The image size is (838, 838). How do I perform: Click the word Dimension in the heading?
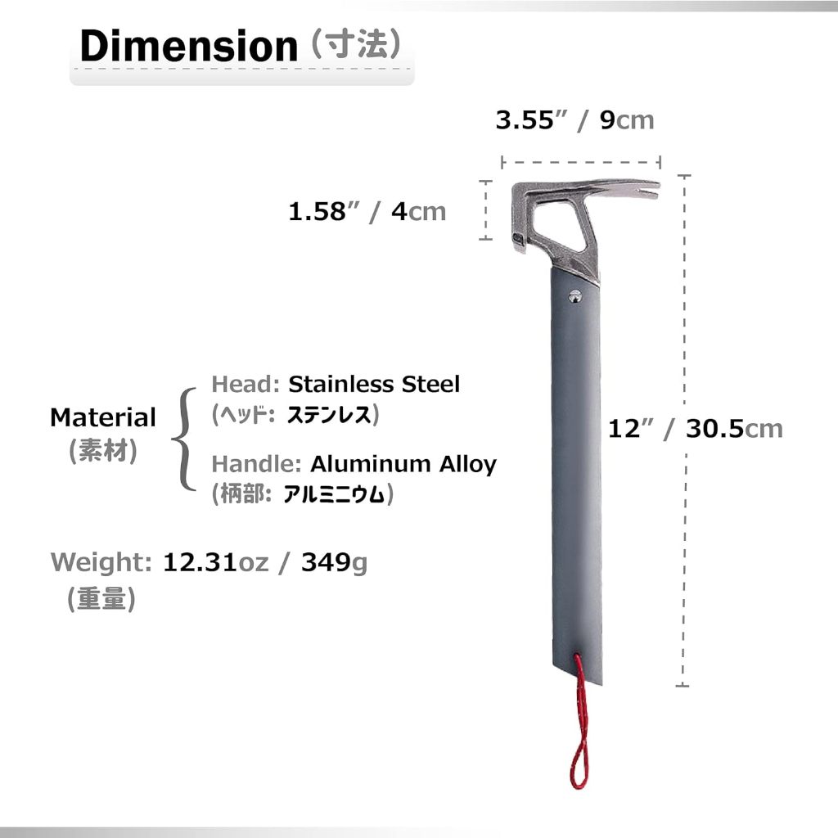187,47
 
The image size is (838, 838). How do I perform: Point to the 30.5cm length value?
733,428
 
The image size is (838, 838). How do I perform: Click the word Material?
102,417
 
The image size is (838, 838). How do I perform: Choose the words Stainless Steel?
373,384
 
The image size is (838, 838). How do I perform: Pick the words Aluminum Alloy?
403,464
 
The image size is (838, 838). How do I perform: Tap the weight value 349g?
334,562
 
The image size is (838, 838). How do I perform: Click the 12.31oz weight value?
215,562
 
